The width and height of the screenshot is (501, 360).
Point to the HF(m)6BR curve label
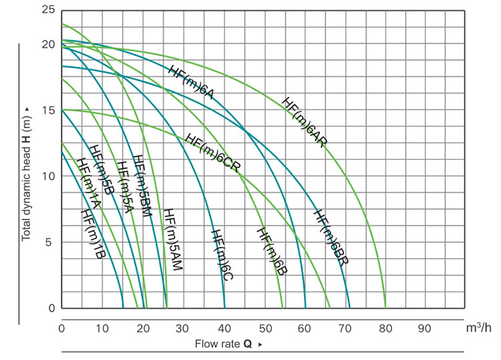[x=330, y=238]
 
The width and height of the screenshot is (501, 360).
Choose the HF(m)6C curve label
[x=222, y=254]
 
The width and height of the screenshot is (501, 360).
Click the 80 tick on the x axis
[x=385, y=328]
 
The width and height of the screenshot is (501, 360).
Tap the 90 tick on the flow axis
[x=426, y=328]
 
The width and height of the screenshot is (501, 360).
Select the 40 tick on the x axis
[x=224, y=328]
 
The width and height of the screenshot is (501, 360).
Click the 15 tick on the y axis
[x=48, y=110]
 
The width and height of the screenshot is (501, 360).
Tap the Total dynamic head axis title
[x=27, y=174]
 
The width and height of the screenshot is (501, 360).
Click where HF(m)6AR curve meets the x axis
[x=385, y=308]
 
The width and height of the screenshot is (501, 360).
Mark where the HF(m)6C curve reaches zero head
[x=224, y=308]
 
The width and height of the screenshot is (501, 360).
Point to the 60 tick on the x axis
[x=305, y=328]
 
